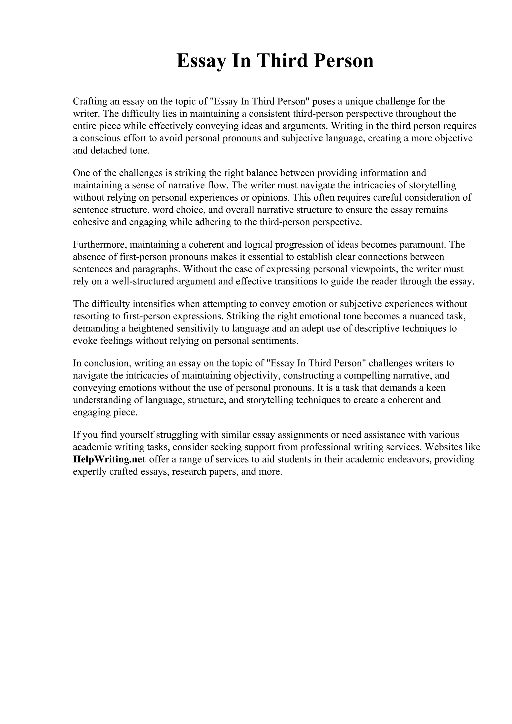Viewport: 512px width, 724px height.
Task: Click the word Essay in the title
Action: pos(201,61)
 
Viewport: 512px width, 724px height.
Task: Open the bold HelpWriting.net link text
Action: pos(109,459)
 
